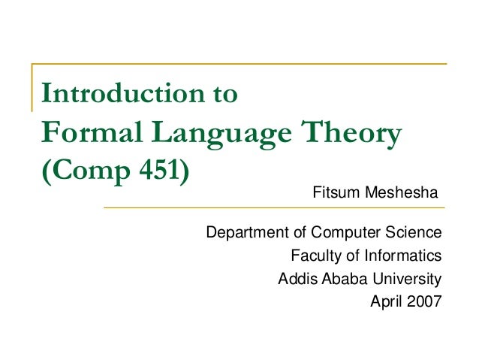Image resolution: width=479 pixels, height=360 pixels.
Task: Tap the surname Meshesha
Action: point(402,195)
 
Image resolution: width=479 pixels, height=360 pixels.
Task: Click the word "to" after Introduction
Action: point(224,95)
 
